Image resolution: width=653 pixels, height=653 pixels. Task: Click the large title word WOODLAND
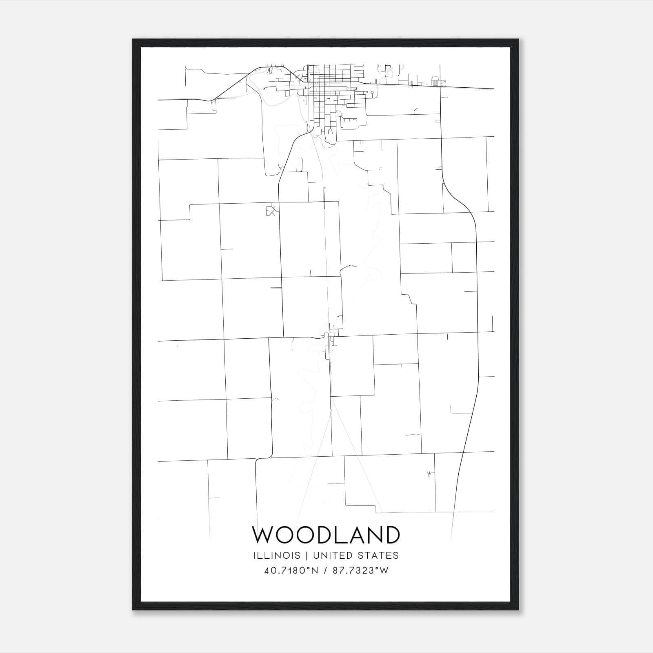tap(326, 535)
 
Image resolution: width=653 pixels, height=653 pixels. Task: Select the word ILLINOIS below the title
tap(277, 555)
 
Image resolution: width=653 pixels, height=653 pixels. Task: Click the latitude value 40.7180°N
tap(291, 571)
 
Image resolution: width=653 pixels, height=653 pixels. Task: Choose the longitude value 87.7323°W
tap(361, 571)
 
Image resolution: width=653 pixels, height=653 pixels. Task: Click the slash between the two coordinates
tap(325, 571)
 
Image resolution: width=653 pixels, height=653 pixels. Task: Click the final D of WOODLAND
tap(391, 535)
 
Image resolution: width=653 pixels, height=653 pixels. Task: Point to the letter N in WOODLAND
tap(375, 535)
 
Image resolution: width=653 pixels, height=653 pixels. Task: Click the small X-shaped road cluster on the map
tap(271, 211)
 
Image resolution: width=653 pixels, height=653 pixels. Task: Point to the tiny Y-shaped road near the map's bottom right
tap(429, 474)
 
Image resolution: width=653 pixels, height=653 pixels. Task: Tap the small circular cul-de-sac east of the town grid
tap(372, 93)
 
